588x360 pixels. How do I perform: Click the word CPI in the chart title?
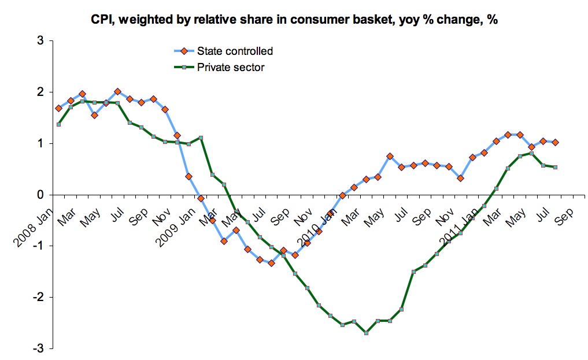coord(102,20)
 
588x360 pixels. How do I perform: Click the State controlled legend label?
coord(235,51)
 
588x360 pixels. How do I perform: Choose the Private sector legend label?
coord(231,68)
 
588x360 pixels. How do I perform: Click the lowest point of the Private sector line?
coord(366,333)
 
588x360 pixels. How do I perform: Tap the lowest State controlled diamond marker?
coord(271,263)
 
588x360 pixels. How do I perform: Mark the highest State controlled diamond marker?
coord(117,91)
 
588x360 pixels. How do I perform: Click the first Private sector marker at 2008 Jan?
coord(58,124)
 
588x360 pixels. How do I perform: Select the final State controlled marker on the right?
coord(555,142)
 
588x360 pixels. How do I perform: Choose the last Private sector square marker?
coord(555,167)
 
